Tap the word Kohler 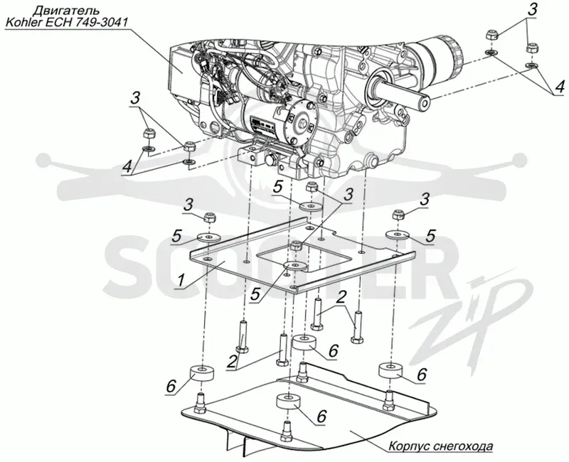[23, 23]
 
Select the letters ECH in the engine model [57, 23]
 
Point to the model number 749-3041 [100, 23]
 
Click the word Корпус [409, 446]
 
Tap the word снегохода [463, 446]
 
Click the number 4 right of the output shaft [560, 87]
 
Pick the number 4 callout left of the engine [127, 167]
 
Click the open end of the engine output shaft [424, 102]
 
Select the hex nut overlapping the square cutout [296, 246]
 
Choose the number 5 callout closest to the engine [277, 188]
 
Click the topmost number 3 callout [531, 10]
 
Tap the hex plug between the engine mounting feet [270, 160]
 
